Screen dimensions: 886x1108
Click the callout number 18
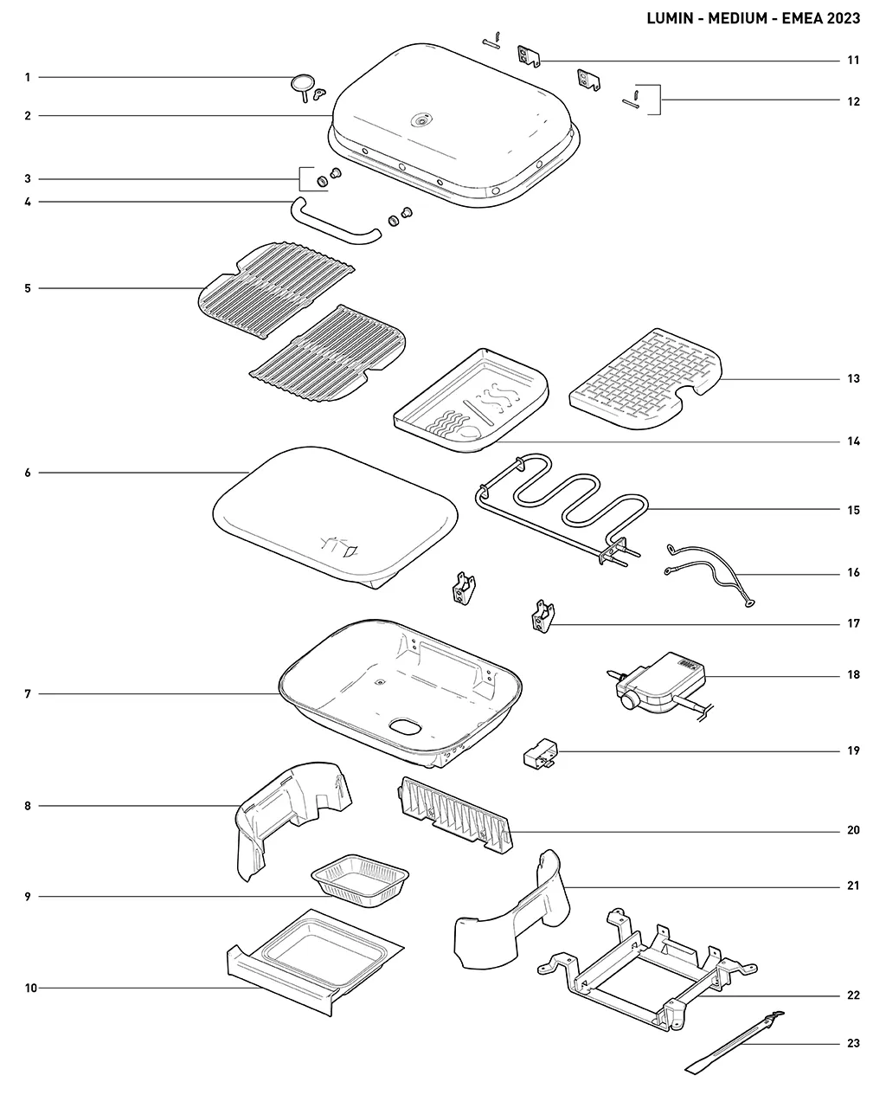pos(853,675)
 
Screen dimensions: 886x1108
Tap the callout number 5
pos(28,288)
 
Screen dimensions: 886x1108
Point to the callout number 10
pos(31,988)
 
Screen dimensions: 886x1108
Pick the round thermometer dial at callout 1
pos(302,82)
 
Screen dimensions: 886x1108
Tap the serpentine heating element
pos(562,507)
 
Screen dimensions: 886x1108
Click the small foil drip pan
pos(360,883)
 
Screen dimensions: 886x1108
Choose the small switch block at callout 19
pos(541,754)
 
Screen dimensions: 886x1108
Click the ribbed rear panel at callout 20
pos(456,815)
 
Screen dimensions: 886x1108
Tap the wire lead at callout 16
pos(711,573)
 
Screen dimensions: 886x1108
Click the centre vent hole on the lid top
pos(422,121)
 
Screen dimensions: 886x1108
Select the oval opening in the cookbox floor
pos(406,726)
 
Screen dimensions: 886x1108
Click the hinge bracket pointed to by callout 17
pos(543,616)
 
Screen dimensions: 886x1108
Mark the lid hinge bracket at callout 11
pos(529,55)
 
